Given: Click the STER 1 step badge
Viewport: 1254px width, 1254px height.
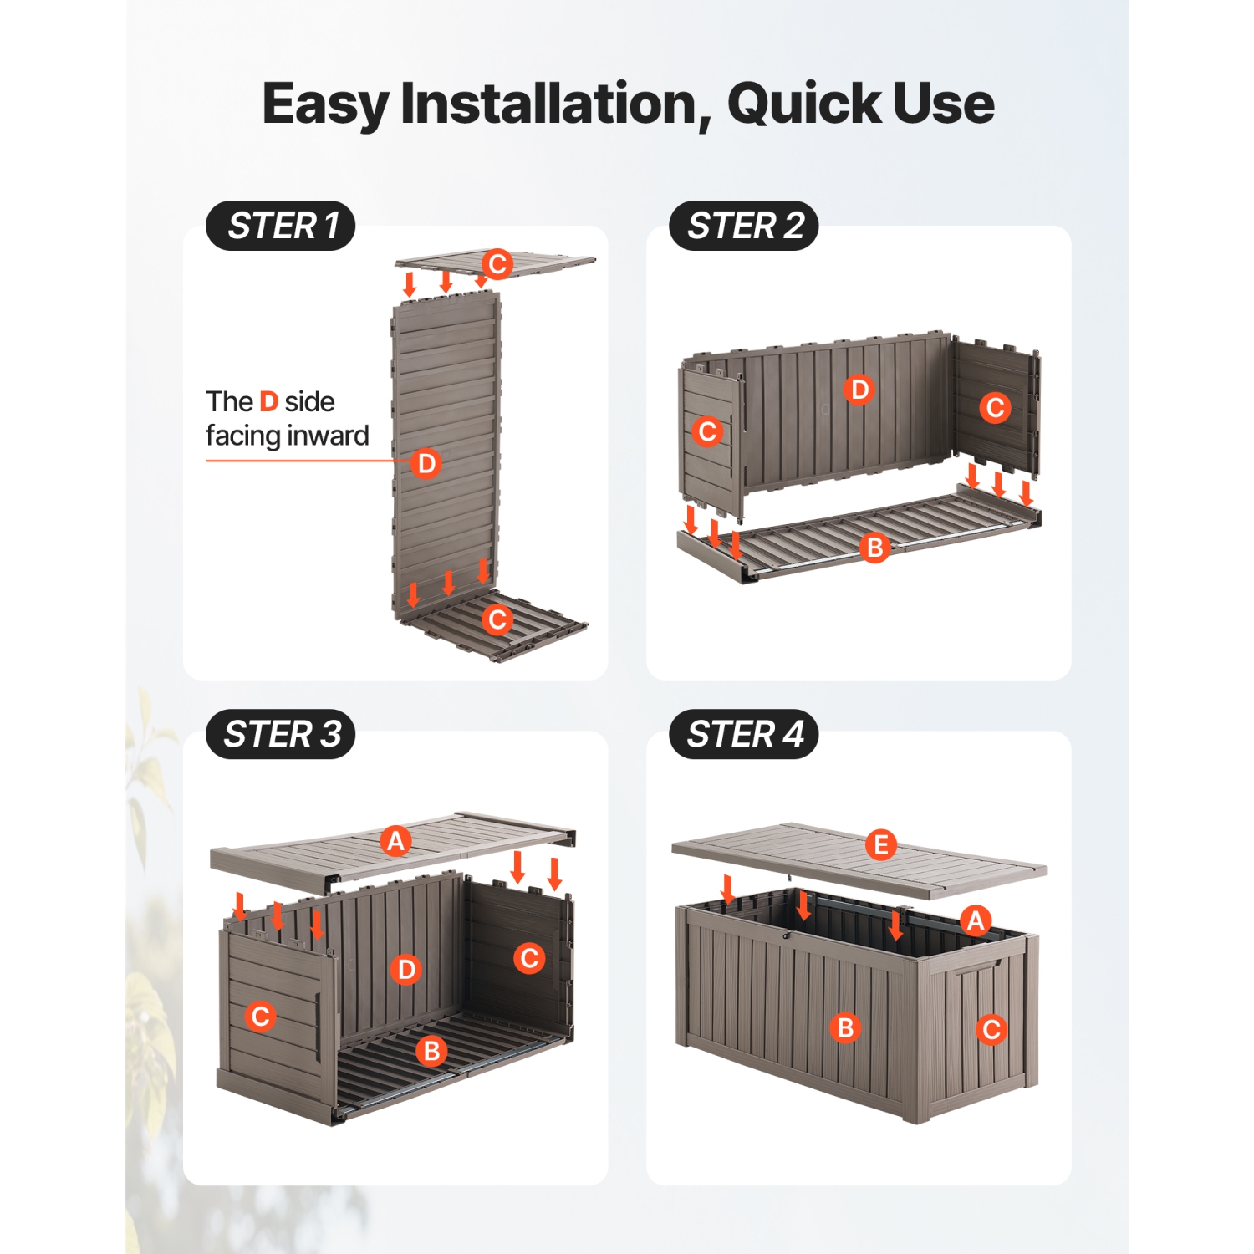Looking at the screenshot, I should (281, 226).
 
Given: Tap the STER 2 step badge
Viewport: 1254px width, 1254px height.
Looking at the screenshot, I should (743, 226).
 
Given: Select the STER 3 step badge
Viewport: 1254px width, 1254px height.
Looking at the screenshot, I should (281, 734).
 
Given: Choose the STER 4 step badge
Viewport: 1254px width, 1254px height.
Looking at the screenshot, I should (743, 734).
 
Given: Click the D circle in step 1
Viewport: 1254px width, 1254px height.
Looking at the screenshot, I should (426, 463).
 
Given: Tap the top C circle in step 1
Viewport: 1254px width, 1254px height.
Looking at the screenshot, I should (497, 264).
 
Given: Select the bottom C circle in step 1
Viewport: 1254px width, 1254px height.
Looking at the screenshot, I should (497, 619).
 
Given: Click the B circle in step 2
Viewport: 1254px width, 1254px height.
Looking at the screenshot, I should (874, 548).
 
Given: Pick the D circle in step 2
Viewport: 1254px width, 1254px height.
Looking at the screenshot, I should (859, 390).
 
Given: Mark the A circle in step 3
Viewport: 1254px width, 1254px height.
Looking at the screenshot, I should (395, 841).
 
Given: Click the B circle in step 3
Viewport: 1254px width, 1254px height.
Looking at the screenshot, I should (432, 1051).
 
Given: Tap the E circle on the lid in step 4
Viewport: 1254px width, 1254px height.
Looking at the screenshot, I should (880, 845).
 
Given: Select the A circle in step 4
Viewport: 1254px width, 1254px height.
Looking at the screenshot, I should (976, 920).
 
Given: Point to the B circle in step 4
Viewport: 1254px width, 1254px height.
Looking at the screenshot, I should (845, 1027).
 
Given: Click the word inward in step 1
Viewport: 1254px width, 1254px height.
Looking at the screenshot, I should (328, 436).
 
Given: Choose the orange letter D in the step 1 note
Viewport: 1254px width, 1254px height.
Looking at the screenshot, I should (268, 401).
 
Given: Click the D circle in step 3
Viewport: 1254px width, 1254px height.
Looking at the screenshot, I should (406, 970).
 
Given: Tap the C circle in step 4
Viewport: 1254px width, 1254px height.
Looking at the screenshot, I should (991, 1029).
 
